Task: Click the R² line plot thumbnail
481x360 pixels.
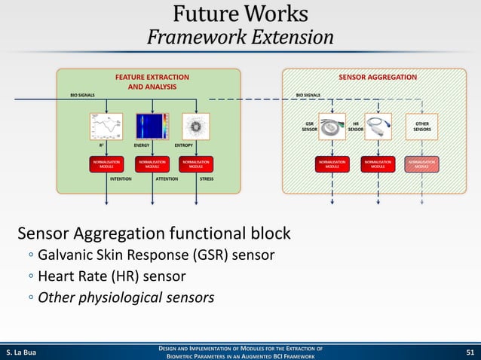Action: point(106,126)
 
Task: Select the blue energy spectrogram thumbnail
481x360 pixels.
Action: point(151,126)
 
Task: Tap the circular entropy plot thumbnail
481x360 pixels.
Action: point(195,126)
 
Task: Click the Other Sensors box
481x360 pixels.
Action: point(421,126)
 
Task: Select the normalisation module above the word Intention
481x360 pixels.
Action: point(106,163)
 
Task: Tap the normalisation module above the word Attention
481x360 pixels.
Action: point(151,163)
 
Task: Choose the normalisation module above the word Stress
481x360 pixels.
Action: point(195,163)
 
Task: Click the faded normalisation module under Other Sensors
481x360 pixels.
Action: point(421,163)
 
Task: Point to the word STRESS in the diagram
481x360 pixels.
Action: point(206,179)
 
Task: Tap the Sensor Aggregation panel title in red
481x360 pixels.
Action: point(377,77)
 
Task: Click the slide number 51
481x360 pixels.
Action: point(470,351)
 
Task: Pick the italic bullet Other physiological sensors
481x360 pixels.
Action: point(126,297)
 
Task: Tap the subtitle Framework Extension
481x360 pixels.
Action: point(240,37)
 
